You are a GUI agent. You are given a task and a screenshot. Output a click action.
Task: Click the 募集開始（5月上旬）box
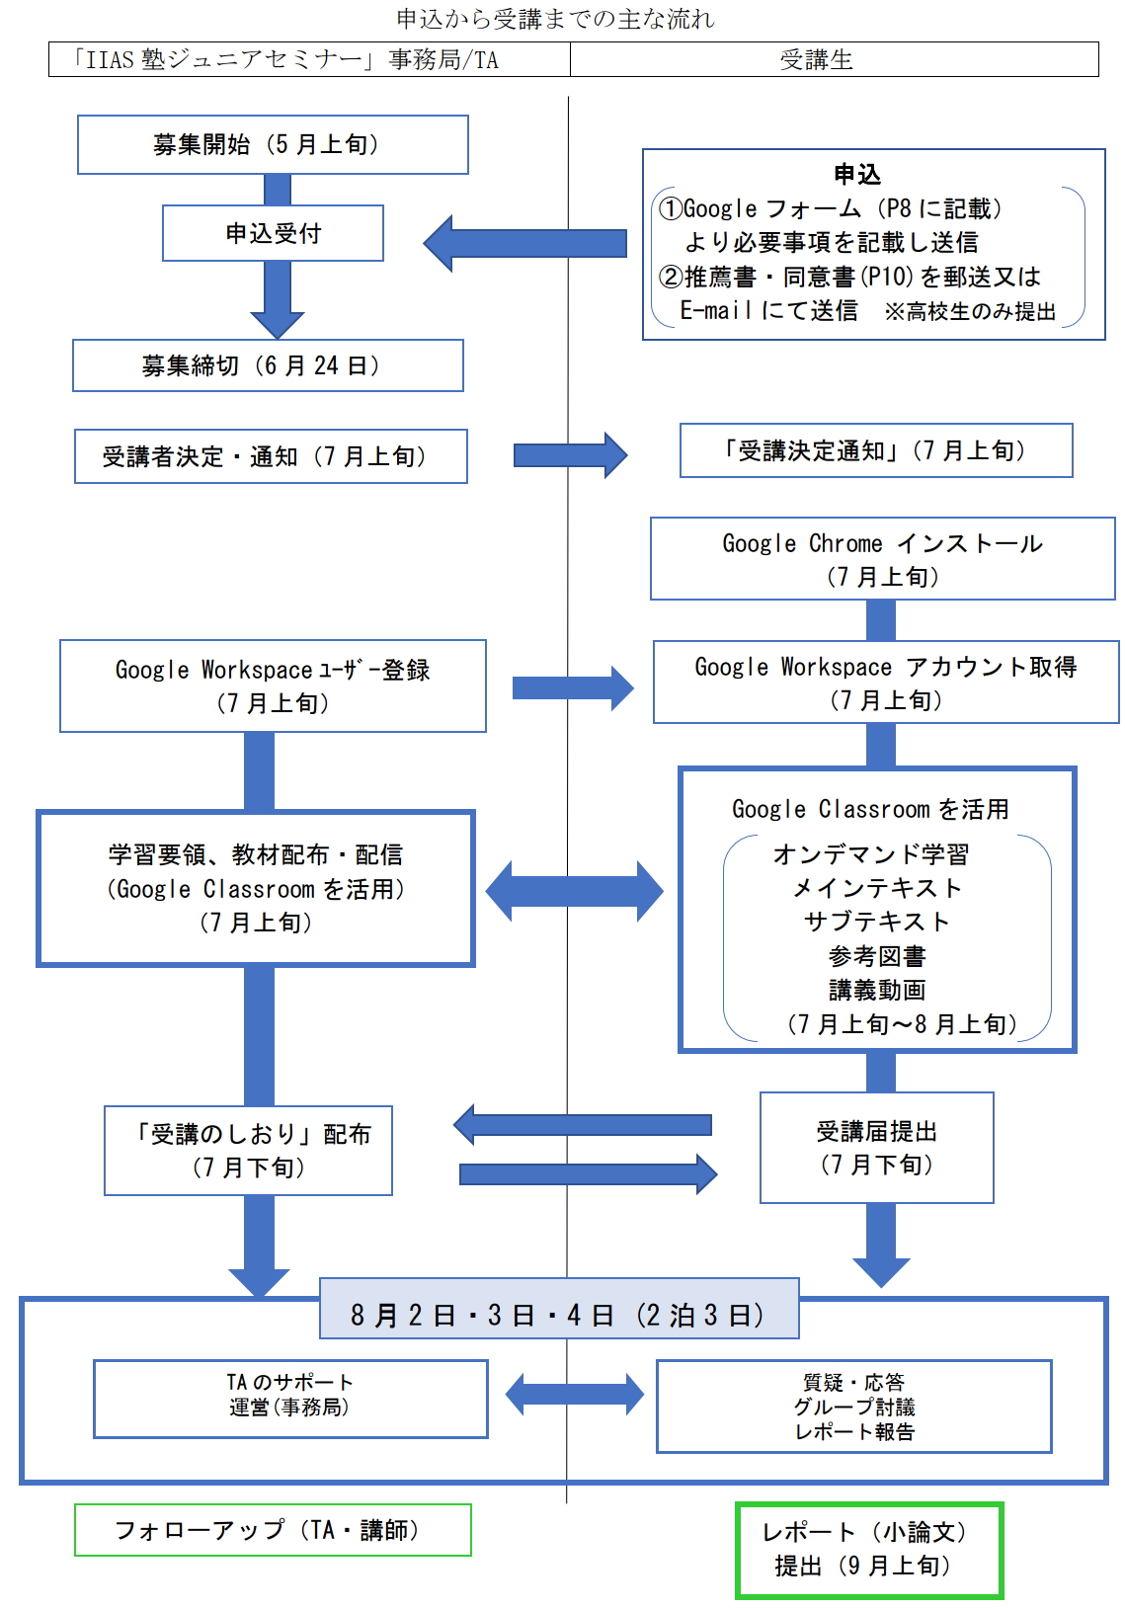pyautogui.click(x=273, y=144)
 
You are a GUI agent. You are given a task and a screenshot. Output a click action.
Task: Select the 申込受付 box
pyautogui.click(x=273, y=233)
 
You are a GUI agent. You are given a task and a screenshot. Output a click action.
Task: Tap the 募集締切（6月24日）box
pyautogui.click(x=268, y=365)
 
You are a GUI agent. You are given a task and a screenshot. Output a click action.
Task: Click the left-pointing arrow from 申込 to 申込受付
pyautogui.click(x=525, y=243)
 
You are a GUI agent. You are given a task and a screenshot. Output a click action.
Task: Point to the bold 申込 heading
pyautogui.click(x=856, y=175)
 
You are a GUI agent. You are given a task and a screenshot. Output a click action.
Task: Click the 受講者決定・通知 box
pyautogui.click(x=271, y=456)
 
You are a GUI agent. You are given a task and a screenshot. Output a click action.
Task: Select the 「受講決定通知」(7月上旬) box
pyautogui.click(x=876, y=450)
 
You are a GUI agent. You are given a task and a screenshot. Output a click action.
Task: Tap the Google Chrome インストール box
pyautogui.click(x=882, y=559)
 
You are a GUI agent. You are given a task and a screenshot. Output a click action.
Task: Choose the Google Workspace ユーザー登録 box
pyautogui.click(x=273, y=685)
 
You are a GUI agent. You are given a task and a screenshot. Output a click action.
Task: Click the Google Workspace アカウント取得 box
pyautogui.click(x=886, y=683)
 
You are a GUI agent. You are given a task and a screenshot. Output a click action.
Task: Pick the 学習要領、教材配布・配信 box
pyautogui.click(x=256, y=888)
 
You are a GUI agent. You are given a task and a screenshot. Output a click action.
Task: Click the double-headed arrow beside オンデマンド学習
pyautogui.click(x=574, y=891)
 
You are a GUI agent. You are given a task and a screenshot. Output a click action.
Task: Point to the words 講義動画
pyautogui.click(x=877, y=990)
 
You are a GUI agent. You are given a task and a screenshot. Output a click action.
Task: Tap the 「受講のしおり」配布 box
pyautogui.click(x=248, y=1151)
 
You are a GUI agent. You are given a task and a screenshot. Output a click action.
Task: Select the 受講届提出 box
pyautogui.click(x=876, y=1148)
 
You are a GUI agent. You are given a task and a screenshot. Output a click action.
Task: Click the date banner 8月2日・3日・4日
pyautogui.click(x=559, y=1315)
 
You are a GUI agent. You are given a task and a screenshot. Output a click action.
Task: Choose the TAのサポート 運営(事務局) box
pyautogui.click(x=290, y=1398)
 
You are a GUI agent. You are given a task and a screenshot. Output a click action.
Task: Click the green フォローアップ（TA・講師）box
pyautogui.click(x=273, y=1530)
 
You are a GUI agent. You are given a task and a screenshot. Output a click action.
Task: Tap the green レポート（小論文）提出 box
pyautogui.click(x=869, y=1550)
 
